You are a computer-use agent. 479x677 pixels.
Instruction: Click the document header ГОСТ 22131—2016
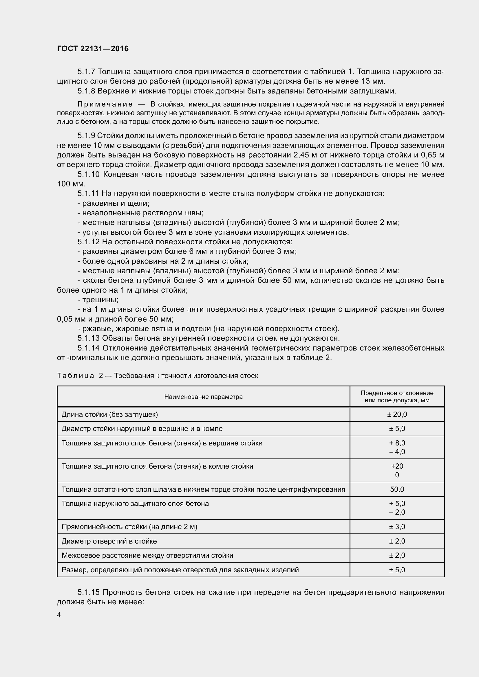tap(93, 49)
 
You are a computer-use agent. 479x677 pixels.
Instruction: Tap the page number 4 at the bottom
tap(59, 615)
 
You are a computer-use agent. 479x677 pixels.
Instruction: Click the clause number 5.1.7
tap(86, 72)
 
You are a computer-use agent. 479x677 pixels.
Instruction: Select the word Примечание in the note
tap(105, 104)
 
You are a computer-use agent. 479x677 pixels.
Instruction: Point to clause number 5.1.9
tap(86, 136)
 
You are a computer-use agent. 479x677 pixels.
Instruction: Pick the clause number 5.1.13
tap(89, 338)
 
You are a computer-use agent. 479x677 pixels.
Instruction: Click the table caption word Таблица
tap(76, 376)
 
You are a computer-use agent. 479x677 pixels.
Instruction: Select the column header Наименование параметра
tap(203, 397)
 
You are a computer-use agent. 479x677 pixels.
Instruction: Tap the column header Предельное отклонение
tap(397, 393)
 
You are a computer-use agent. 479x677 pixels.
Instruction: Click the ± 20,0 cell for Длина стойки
tap(397, 414)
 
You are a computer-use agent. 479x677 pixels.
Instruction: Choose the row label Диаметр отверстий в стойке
tap(109, 541)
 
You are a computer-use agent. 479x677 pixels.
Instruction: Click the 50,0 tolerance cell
tap(397, 489)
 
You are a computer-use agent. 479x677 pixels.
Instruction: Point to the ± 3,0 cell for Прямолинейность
tap(397, 526)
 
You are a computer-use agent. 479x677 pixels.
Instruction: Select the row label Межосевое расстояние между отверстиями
tap(147, 555)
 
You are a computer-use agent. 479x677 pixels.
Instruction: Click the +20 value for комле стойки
tap(397, 466)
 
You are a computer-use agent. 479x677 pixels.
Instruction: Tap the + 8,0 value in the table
tap(397, 443)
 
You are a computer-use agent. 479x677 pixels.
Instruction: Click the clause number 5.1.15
tap(89, 592)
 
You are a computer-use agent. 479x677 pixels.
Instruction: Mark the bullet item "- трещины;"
tap(98, 300)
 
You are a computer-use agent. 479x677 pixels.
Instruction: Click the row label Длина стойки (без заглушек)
tap(110, 414)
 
